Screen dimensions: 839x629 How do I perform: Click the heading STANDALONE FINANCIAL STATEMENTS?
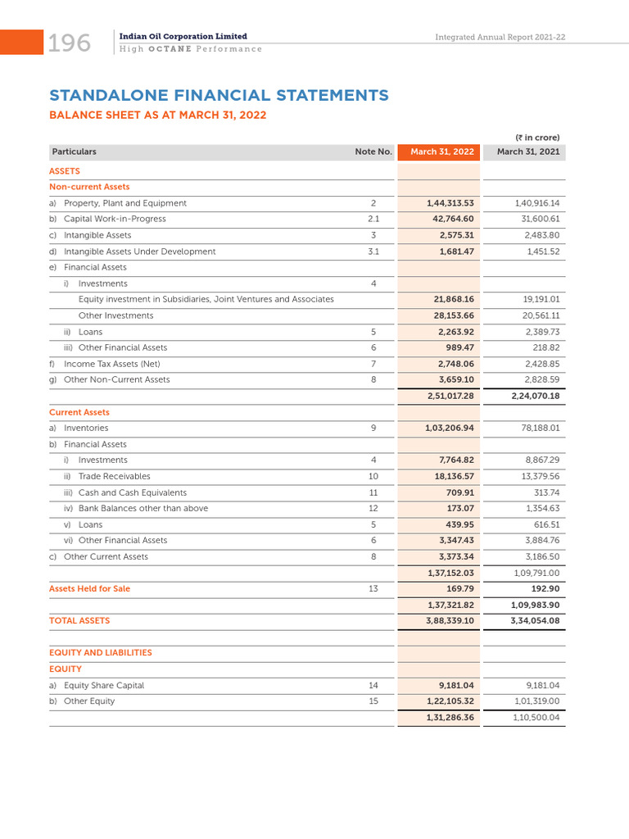coord(219,96)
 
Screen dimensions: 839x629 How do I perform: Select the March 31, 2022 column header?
coord(442,152)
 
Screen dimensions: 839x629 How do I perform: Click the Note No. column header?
coord(373,152)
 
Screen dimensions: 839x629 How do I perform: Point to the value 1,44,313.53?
coord(450,203)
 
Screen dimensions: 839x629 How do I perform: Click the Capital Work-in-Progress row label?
coord(115,219)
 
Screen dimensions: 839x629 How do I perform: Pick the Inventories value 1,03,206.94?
coord(450,428)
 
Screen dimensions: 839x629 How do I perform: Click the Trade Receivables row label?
coord(115,476)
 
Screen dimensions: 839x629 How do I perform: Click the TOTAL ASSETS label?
coord(79,621)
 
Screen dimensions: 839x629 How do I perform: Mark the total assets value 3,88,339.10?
coord(450,621)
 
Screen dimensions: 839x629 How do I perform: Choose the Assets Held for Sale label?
coord(89,588)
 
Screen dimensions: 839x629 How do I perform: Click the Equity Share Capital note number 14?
coord(373,685)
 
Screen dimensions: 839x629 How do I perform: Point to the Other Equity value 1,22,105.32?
coord(450,701)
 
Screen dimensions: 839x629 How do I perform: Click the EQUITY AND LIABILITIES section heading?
coord(101,653)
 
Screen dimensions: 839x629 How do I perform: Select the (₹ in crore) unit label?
coord(537,138)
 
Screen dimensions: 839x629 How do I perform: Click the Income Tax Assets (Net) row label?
coord(111,364)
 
